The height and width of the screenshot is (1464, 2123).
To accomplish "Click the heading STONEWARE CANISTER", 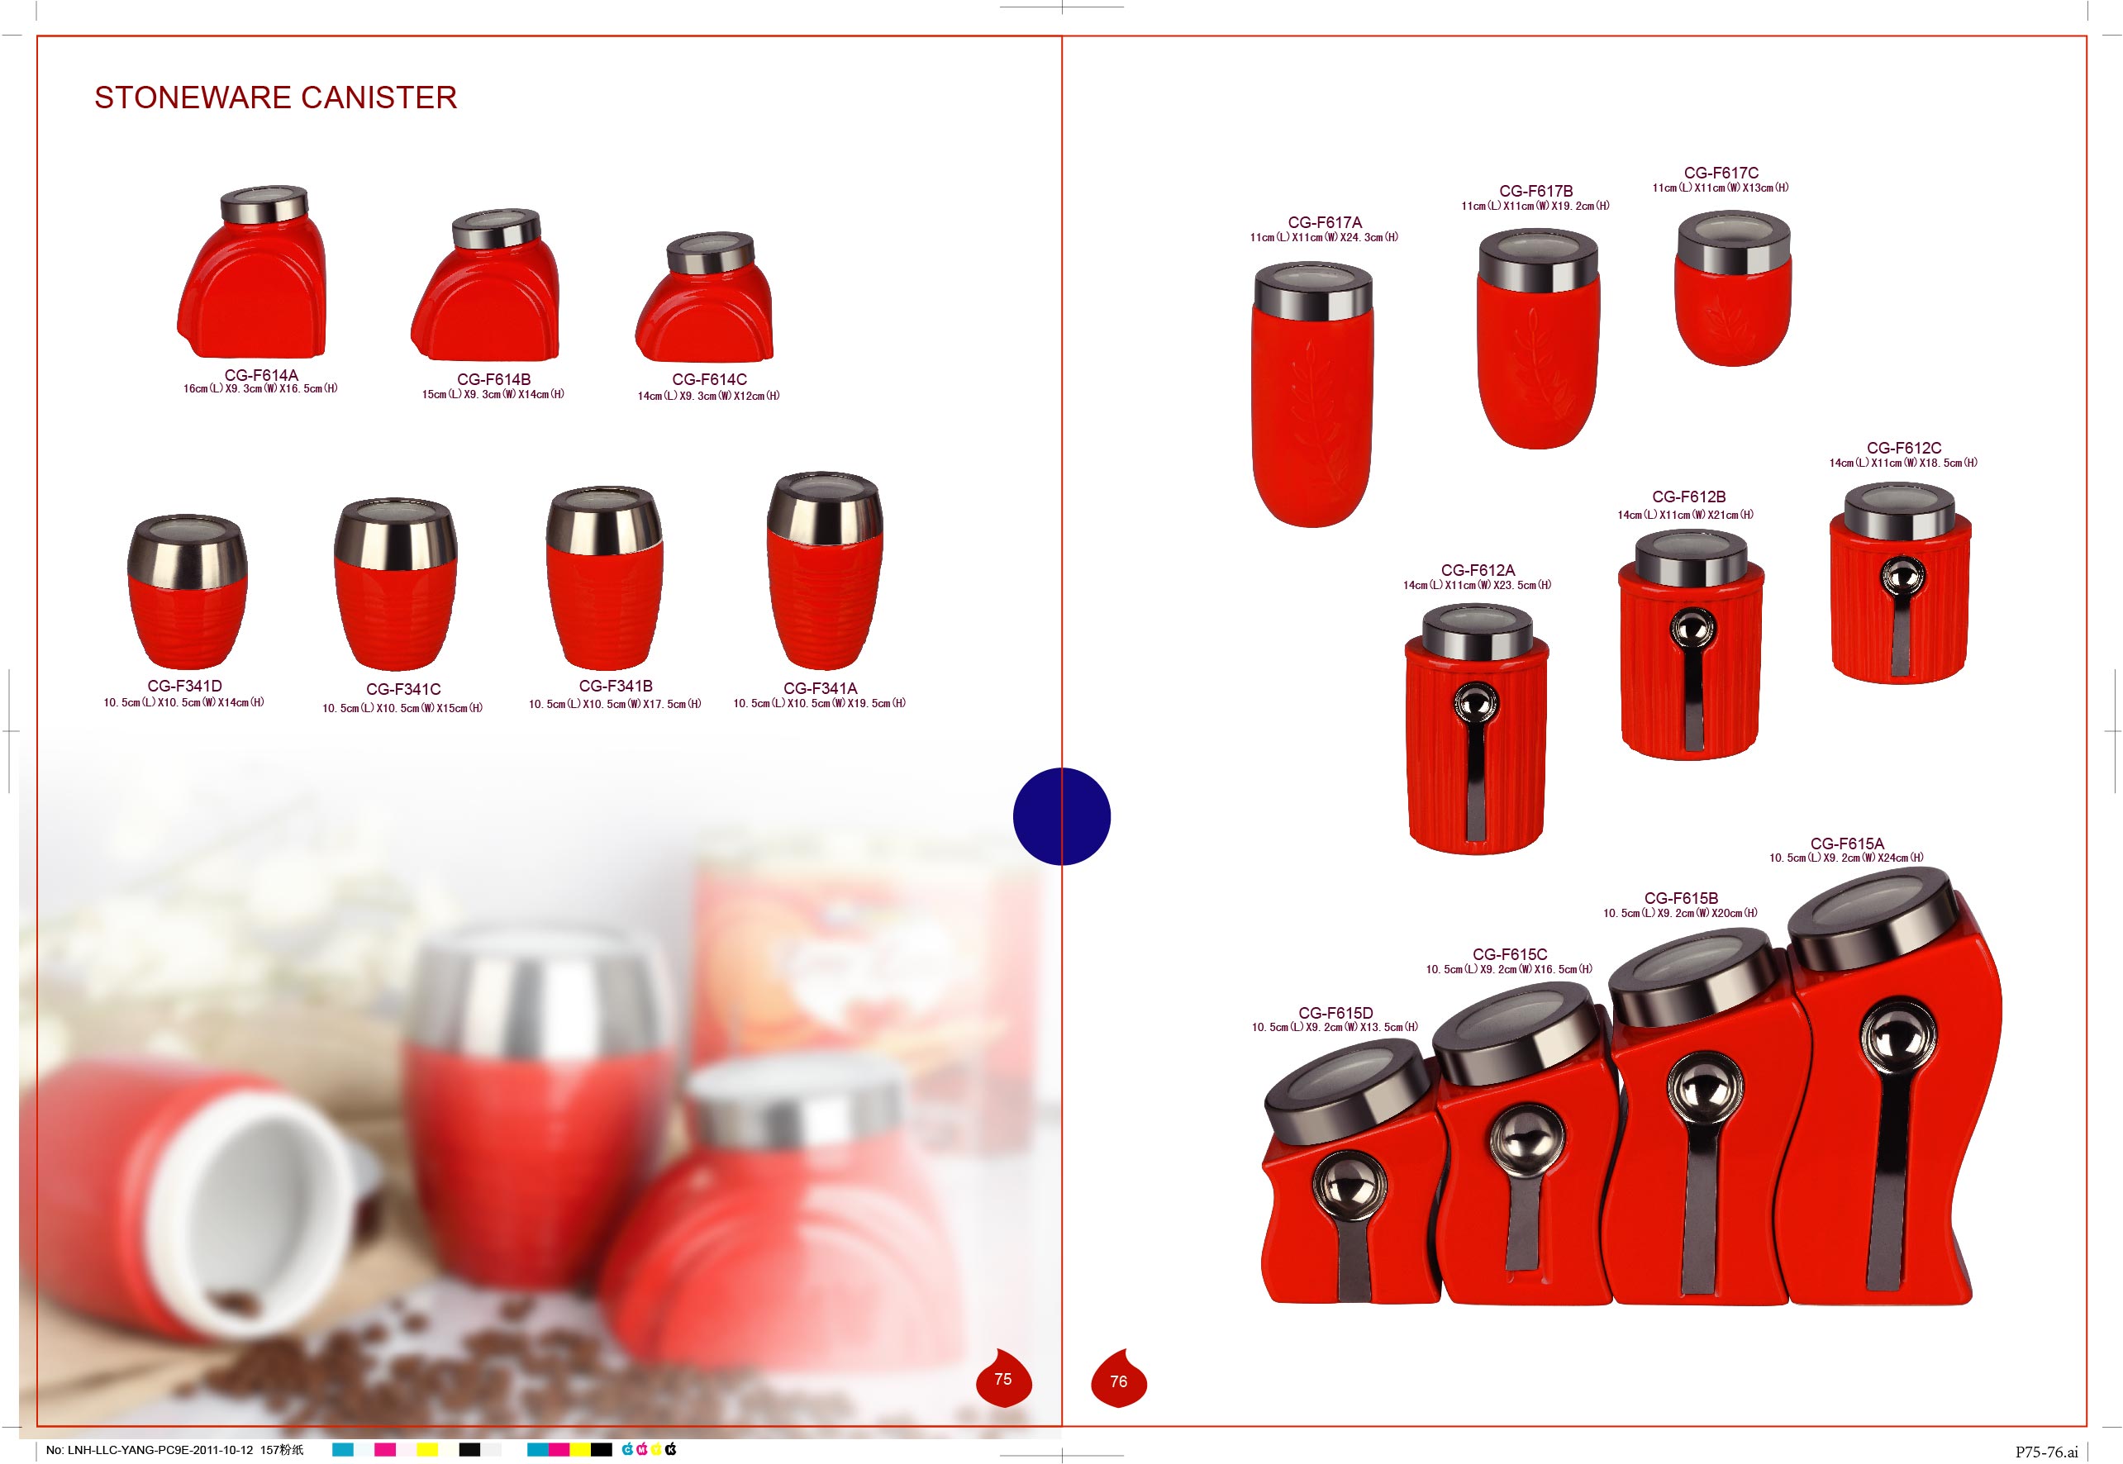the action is (x=275, y=97).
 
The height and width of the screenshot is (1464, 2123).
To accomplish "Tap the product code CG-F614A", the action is (x=261, y=375).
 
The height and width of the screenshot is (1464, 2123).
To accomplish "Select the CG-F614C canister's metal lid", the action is (x=710, y=251).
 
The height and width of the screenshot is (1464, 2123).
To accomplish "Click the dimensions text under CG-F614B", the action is (x=493, y=394).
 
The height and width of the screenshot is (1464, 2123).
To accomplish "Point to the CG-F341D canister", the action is (x=187, y=592).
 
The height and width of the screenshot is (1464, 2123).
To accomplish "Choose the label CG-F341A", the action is (x=821, y=688).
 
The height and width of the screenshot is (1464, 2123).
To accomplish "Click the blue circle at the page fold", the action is (x=1061, y=816).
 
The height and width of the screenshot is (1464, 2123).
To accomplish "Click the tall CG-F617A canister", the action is (x=1313, y=394).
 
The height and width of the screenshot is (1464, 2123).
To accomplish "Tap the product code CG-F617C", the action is (x=1721, y=173).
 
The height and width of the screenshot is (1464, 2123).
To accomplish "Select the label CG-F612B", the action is (x=1689, y=497).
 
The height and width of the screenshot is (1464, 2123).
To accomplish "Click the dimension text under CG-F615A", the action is (x=1846, y=858).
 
